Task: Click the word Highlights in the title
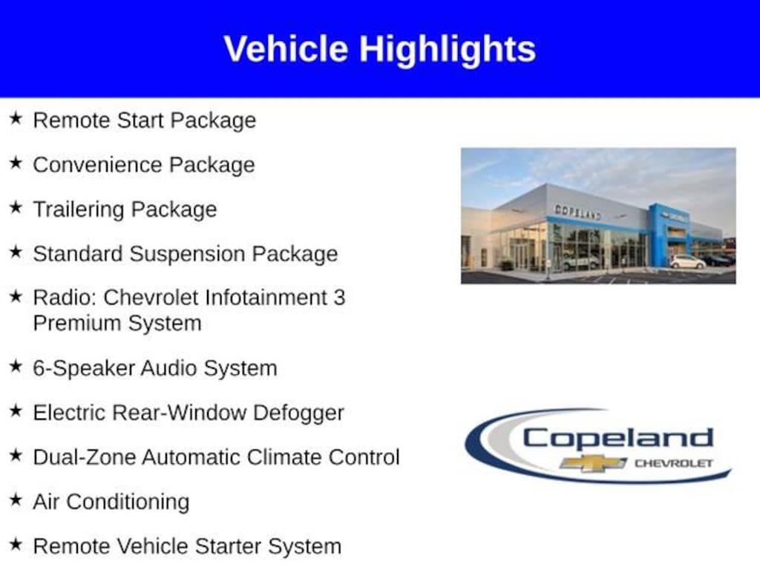pyautogui.click(x=447, y=50)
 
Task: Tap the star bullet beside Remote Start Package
pyautogui.click(x=16, y=118)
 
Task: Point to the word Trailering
pyautogui.click(x=79, y=210)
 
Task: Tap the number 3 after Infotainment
pyautogui.click(x=339, y=298)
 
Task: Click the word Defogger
pyautogui.click(x=298, y=413)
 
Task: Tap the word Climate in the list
pyautogui.click(x=284, y=457)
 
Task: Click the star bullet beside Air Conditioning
pyautogui.click(x=16, y=499)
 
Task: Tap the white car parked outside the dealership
pyautogui.click(x=687, y=262)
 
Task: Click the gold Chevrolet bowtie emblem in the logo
pyautogui.click(x=593, y=463)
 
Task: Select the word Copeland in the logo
pyautogui.click(x=617, y=439)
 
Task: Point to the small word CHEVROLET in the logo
pyautogui.click(x=674, y=463)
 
